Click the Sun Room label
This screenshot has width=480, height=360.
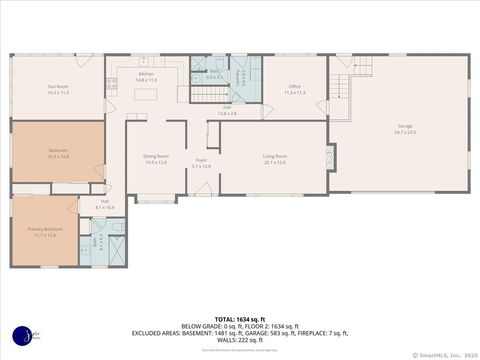[x=58, y=89]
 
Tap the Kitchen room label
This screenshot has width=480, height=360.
[x=147, y=77]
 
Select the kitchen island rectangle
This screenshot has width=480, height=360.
[x=148, y=96]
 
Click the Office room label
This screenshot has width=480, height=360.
[x=295, y=89]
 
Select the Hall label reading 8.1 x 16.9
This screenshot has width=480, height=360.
[x=104, y=205]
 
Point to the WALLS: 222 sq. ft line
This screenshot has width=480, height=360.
[x=239, y=339]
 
